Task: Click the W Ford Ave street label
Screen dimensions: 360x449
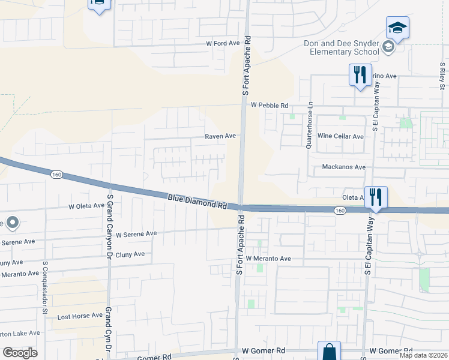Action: pos(223,43)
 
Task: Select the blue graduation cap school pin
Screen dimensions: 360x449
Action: pos(397,28)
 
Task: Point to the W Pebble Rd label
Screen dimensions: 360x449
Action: pos(270,105)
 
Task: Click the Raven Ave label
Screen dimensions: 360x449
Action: pos(220,136)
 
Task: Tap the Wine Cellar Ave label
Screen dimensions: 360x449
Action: pos(340,136)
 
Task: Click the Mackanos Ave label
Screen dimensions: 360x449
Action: pos(343,167)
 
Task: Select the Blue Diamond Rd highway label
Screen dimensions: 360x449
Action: pos(197,201)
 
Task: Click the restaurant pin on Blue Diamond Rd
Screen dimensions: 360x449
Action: pos(376,197)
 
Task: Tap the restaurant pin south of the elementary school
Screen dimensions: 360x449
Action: pos(360,74)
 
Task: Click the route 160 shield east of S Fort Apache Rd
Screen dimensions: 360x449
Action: pos(340,210)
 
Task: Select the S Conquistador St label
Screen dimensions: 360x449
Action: pos(45,287)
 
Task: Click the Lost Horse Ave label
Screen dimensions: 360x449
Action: pos(80,316)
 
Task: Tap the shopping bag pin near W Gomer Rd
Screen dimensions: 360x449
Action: pos(329,351)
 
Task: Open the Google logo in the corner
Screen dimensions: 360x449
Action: pos(20,353)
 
